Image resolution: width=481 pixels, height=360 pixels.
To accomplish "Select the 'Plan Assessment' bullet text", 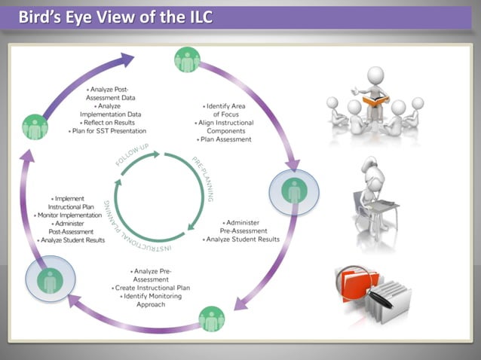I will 225,139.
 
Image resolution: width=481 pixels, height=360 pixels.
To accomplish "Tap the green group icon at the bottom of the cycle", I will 211,319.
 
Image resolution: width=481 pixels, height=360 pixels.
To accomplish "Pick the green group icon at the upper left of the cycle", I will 35,126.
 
